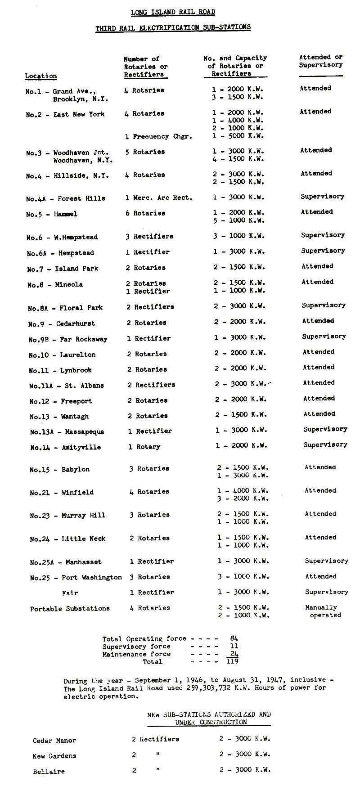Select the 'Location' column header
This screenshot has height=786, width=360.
tap(41, 76)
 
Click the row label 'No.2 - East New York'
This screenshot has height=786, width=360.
tap(65, 114)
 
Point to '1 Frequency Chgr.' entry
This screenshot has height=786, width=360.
tap(159, 136)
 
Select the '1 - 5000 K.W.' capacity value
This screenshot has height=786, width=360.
tap(238, 136)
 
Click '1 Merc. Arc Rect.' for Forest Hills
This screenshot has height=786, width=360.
tap(159, 198)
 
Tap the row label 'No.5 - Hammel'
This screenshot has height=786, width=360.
tap(52, 214)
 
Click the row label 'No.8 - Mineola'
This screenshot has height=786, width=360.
tap(55, 285)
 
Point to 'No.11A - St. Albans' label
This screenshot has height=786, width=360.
tap(67, 386)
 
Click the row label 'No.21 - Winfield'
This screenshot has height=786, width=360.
tap(62, 493)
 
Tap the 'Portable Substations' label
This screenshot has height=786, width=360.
tap(70, 609)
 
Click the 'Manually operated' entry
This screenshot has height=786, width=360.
tap(323, 611)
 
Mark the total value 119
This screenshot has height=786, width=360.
tap(232, 661)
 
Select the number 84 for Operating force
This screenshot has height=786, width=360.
tap(233, 638)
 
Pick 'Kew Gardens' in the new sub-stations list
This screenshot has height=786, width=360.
tap(54, 756)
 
